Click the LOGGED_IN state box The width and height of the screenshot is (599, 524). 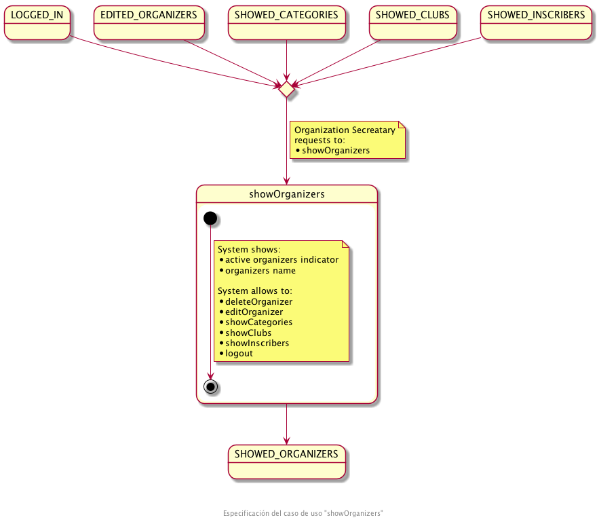37,23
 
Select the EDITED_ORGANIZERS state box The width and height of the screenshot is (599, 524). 149,23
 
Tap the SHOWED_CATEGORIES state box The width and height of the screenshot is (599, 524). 287,23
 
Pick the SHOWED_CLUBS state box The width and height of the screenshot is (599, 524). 412,23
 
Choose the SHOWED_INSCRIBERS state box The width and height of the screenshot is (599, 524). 536,23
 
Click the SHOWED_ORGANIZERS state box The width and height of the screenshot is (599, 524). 286,462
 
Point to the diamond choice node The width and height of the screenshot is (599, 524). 287,88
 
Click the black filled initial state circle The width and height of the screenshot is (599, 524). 210,218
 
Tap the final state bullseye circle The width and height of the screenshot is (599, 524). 210,386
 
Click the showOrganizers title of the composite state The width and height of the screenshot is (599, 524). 286,194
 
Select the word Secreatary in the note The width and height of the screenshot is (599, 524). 374,130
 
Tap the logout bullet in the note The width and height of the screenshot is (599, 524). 239,354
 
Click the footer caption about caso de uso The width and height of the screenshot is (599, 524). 303,513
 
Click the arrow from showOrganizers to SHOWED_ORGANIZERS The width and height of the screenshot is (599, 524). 287,424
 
